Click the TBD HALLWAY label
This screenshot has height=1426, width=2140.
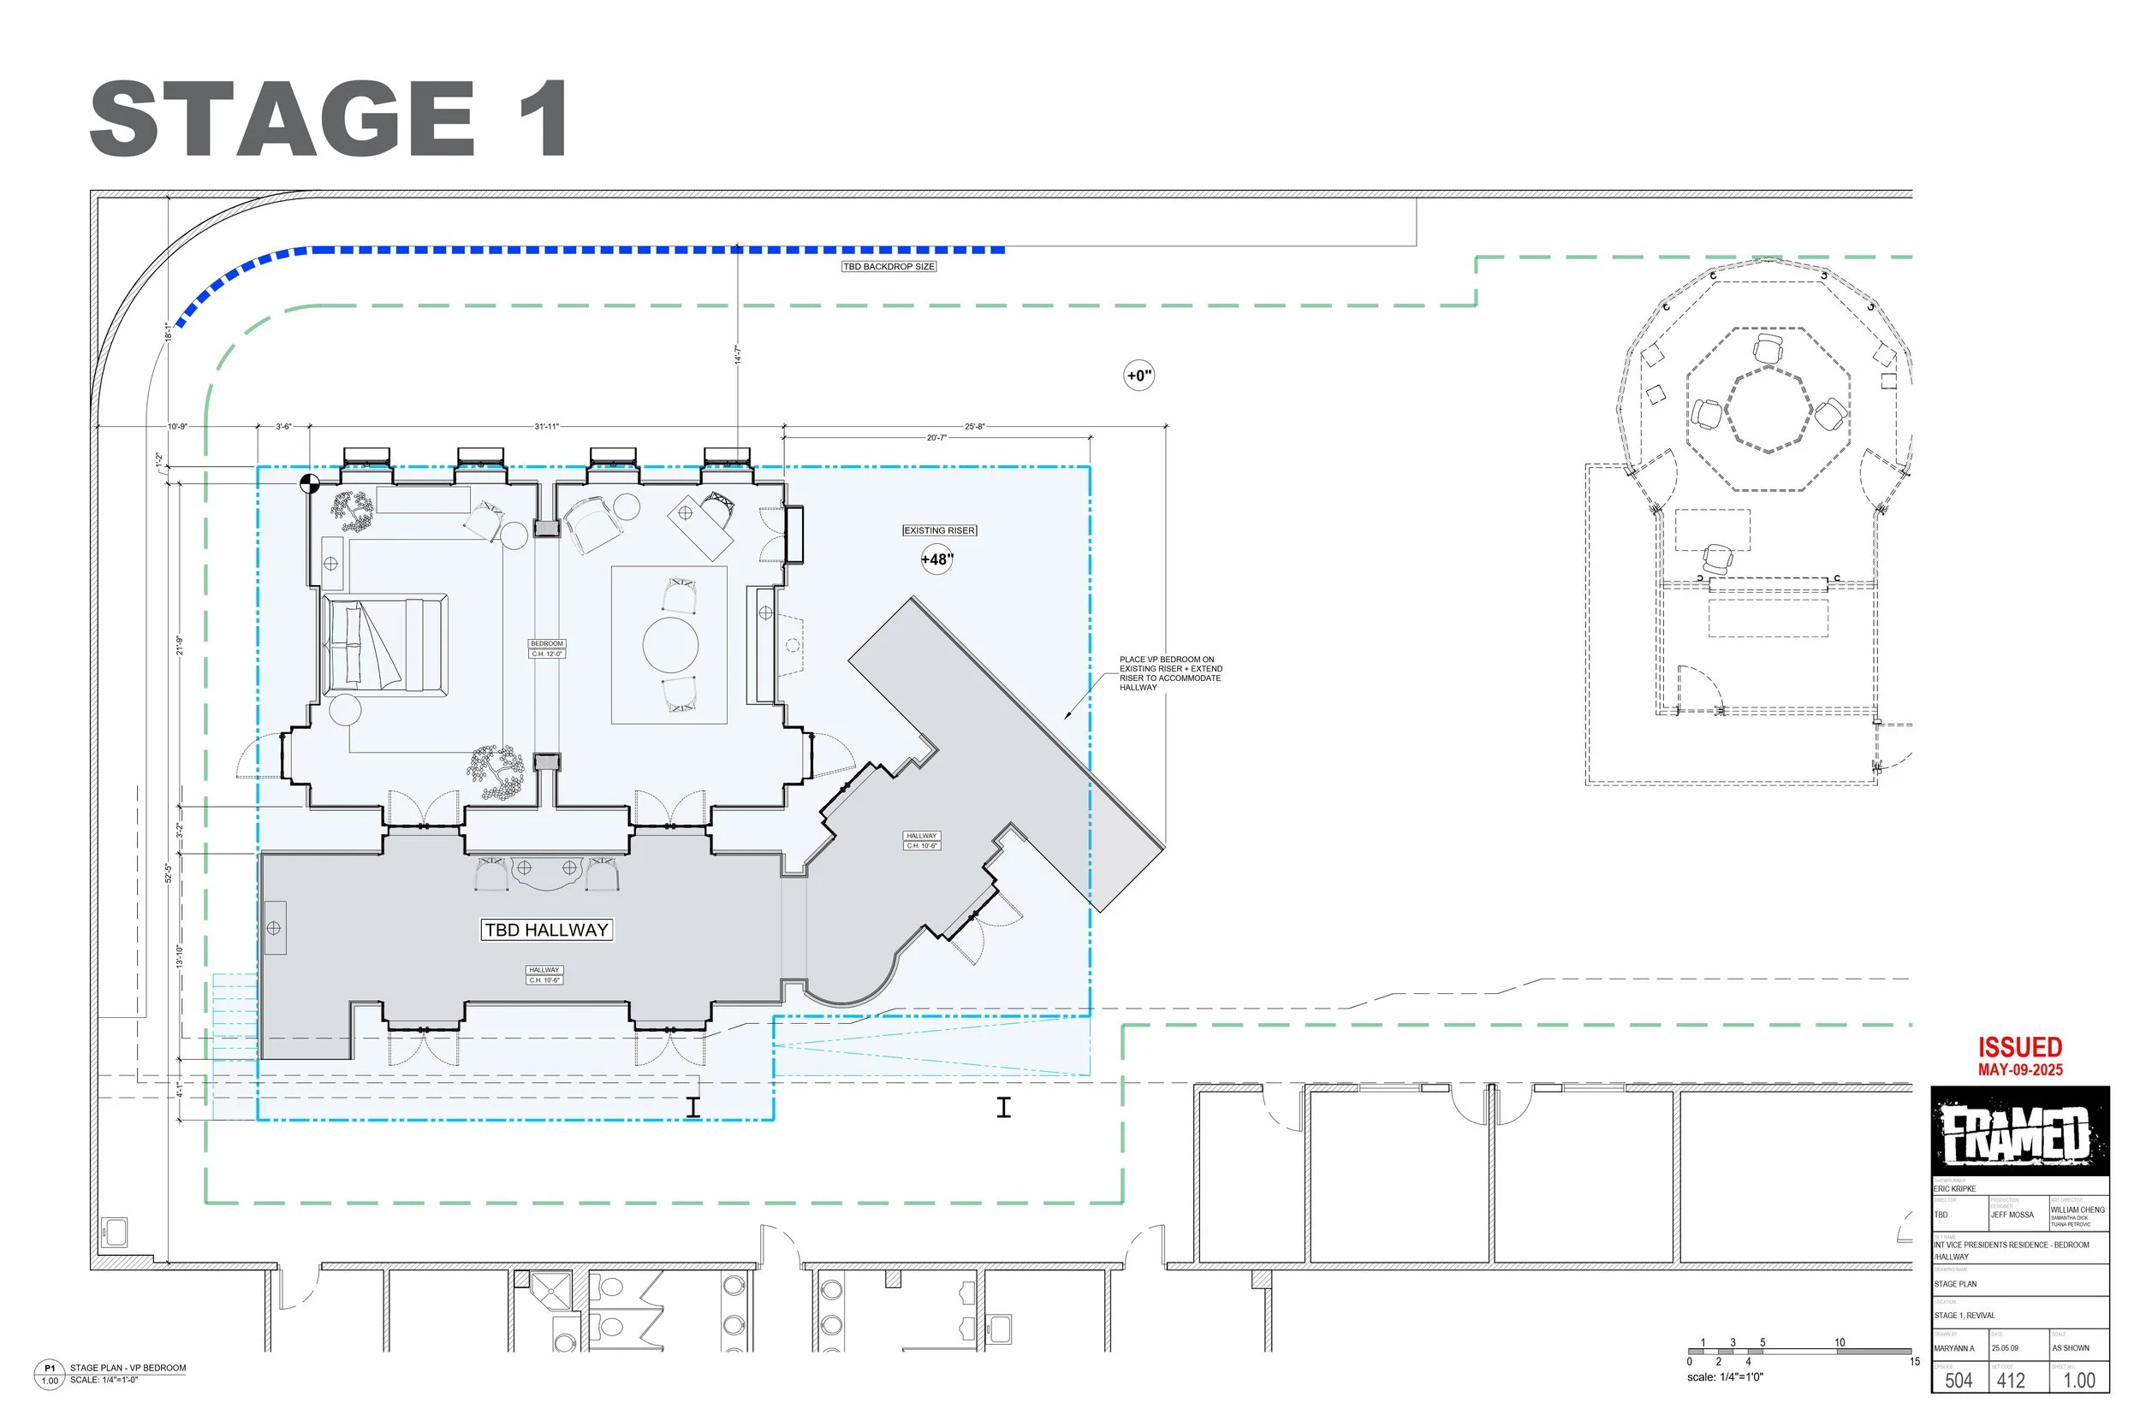pos(546,931)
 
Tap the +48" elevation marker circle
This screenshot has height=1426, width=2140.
pos(937,559)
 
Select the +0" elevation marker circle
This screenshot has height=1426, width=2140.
pos(1139,376)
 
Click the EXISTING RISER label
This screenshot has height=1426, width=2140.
pos(939,530)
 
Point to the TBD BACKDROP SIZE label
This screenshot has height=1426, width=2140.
pos(888,266)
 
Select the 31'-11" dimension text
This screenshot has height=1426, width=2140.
pos(546,426)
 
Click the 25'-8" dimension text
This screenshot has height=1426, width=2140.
pos(974,426)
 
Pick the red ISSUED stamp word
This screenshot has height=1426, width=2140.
pos(2020,1047)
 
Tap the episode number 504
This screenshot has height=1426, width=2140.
pos(1958,1380)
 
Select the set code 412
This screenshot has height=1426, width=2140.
pos(2011,1380)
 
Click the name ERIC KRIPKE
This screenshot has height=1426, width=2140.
pos(1954,1189)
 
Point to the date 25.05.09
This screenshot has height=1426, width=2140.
pos(2005,1348)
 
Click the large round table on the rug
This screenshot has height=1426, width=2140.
pos(670,645)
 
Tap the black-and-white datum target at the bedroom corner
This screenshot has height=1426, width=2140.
pos(309,483)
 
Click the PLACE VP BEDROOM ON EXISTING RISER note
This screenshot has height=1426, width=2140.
pos(1170,673)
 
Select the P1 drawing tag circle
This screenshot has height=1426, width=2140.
pos(49,1374)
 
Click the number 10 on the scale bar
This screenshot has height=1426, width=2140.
pos(1839,1342)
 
